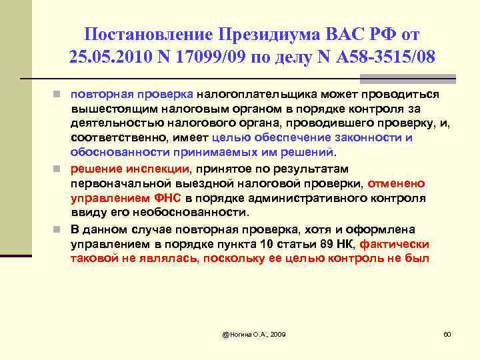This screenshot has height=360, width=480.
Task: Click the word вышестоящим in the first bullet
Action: pyautogui.click(x=105, y=109)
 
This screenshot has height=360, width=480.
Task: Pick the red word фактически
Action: pyautogui.click(x=397, y=243)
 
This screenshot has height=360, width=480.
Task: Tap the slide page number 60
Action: pyautogui.click(x=447, y=333)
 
